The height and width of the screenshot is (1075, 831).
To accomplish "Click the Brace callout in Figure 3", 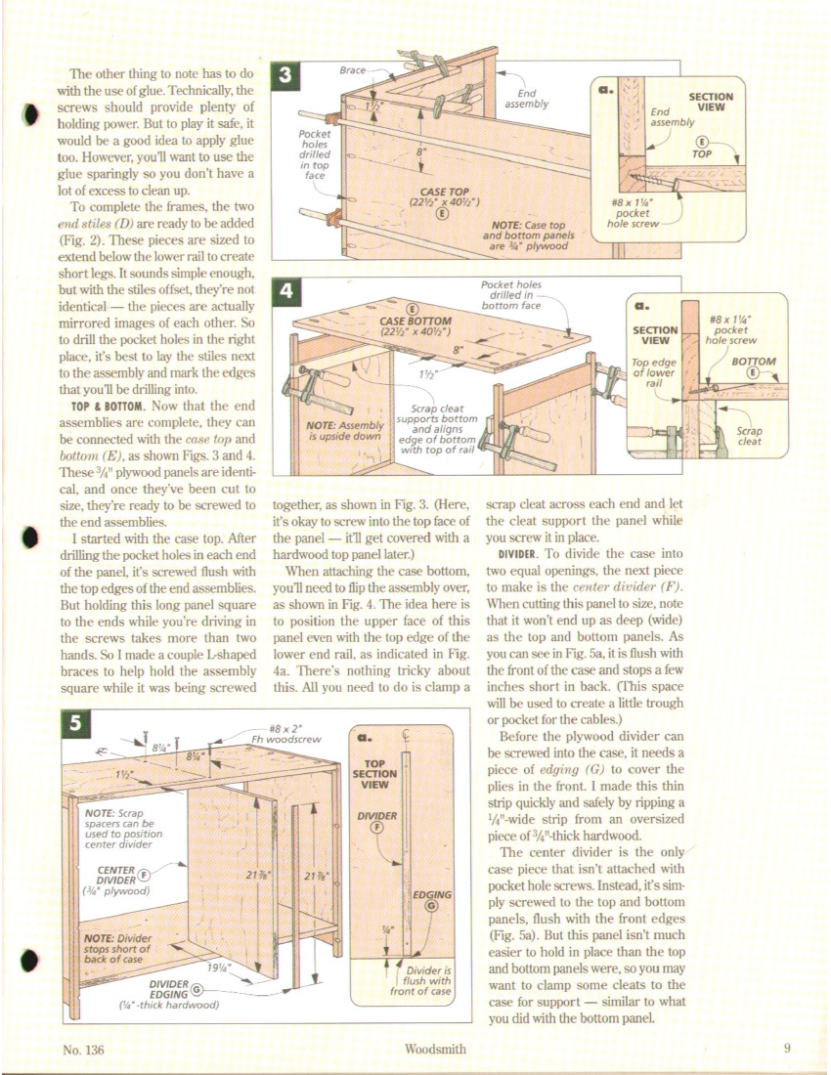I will point(353,71).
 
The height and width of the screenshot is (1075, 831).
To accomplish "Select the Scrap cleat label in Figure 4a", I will point(749,436).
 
